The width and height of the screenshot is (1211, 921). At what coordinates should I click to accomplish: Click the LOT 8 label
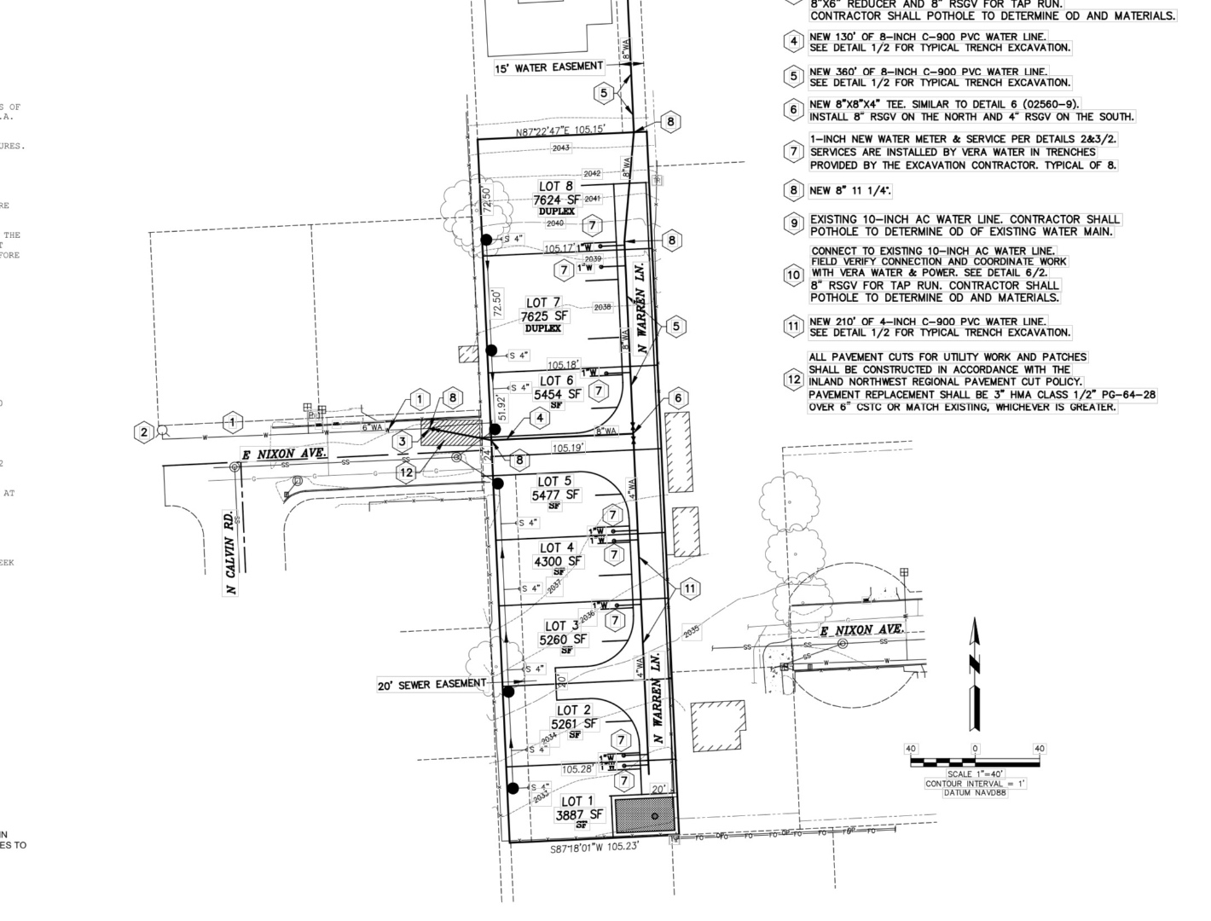[x=556, y=186]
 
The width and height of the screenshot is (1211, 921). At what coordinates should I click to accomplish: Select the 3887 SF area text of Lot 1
[x=578, y=815]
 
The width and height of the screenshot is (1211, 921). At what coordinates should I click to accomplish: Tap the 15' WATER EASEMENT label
[x=548, y=67]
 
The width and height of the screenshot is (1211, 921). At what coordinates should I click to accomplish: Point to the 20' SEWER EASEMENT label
[x=432, y=684]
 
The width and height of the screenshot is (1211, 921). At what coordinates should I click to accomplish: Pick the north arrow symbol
[x=976, y=674]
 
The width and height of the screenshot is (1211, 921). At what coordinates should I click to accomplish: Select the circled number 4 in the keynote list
[x=794, y=41]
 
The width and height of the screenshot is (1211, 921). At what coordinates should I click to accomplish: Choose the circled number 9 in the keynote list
[x=794, y=224]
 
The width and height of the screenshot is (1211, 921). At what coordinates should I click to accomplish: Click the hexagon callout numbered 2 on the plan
[x=144, y=432]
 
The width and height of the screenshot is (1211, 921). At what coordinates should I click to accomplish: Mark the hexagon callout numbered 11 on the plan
[x=689, y=588]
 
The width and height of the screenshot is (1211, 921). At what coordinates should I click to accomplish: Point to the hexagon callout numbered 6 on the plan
[x=678, y=398]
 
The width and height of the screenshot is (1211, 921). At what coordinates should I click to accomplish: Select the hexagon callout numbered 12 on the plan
[x=406, y=472]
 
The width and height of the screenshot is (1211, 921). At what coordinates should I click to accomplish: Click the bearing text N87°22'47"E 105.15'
[x=559, y=130]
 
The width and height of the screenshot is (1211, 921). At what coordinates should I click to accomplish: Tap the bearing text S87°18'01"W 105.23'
[x=594, y=849]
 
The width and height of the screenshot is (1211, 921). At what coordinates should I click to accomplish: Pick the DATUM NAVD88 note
[x=975, y=793]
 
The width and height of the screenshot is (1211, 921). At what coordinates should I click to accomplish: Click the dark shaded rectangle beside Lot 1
[x=644, y=815]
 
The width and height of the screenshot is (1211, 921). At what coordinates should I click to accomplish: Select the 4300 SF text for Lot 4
[x=558, y=561]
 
